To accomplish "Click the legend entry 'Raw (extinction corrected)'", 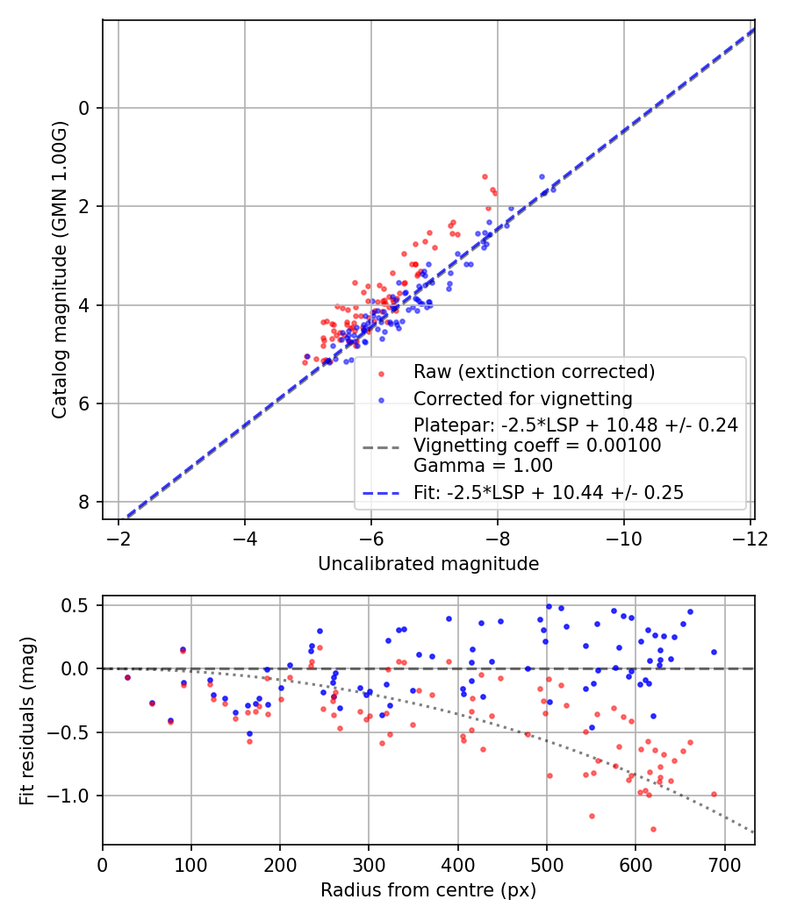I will (x=534, y=372).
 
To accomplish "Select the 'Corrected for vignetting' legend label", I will (x=523, y=399).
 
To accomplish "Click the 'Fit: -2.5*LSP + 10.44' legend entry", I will (x=549, y=492).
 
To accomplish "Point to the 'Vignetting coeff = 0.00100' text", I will (x=537, y=446).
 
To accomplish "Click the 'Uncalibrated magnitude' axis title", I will (x=428, y=563).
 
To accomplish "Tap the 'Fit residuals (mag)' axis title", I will (x=27, y=719).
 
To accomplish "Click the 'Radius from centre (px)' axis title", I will (x=428, y=890).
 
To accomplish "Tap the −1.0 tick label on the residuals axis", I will (x=74, y=796).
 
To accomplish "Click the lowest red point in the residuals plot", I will (x=653, y=829).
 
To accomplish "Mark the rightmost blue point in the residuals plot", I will (x=714, y=652).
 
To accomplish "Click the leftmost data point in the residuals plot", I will (x=127, y=677).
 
